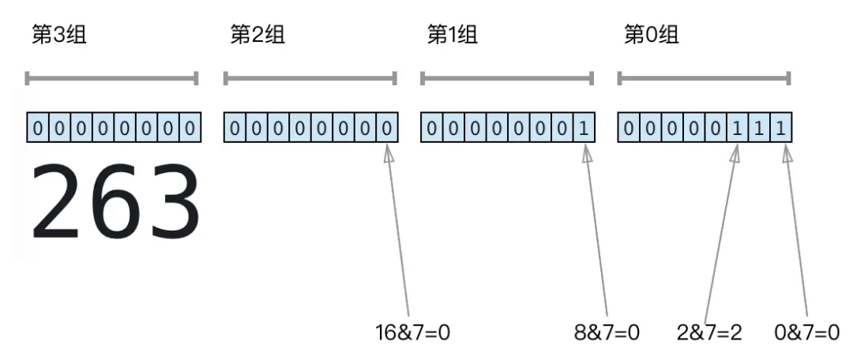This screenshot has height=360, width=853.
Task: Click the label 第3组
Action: coord(58,36)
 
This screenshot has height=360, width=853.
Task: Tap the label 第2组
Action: coord(257,36)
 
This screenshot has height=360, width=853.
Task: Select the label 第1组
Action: coord(453,36)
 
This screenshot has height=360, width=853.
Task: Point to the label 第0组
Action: coord(651,36)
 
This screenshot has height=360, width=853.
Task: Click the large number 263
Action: coord(115,203)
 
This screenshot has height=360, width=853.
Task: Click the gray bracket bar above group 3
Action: coord(111,78)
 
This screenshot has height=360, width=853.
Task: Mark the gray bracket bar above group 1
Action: coord(507,78)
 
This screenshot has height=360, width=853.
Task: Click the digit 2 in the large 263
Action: coord(57,203)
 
